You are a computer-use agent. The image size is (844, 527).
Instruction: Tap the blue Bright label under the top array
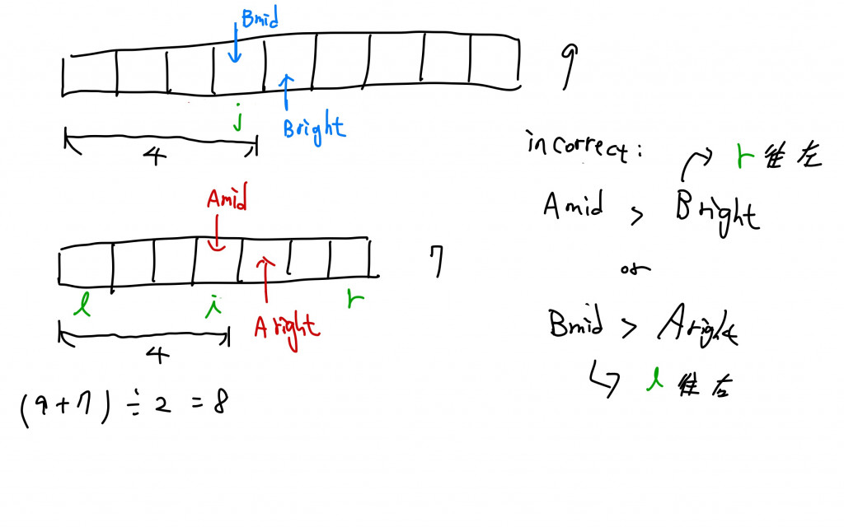pos(314,128)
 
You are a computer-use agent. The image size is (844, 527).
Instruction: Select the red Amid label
pos(227,200)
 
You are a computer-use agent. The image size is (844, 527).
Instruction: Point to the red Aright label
pos(286,326)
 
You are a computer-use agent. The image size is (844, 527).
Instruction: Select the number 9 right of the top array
pos(569,67)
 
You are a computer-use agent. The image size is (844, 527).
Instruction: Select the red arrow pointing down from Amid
pos(215,231)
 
